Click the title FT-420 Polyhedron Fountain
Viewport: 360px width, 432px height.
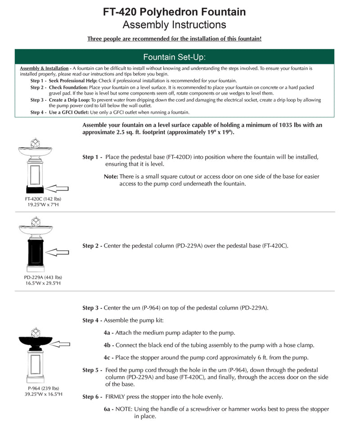click(175, 12)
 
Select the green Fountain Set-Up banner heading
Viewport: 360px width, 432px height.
click(175, 57)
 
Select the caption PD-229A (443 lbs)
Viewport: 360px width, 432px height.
click(43, 278)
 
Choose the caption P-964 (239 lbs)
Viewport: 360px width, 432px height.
click(43, 388)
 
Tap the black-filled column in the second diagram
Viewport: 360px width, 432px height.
click(36, 255)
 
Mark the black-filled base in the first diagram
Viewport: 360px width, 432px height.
click(35, 189)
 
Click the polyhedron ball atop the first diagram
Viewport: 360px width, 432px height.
click(35, 143)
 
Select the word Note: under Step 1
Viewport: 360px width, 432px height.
click(111, 176)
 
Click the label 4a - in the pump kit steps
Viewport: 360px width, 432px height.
click(108, 333)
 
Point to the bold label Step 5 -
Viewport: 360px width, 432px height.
click(93, 370)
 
